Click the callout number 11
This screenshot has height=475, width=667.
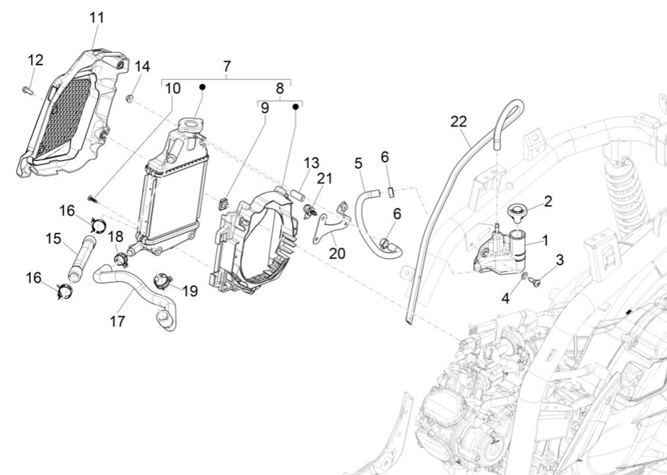97,18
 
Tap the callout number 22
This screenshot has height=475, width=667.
459,121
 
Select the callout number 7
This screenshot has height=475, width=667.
227,67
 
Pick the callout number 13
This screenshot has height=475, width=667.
311,163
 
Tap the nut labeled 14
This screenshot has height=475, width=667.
130,99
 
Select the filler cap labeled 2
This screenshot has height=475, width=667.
518,212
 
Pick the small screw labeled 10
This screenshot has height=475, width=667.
92,197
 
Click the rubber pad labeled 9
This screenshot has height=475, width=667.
223,202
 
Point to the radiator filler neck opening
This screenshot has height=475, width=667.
190,124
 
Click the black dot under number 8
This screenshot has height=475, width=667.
296,106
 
